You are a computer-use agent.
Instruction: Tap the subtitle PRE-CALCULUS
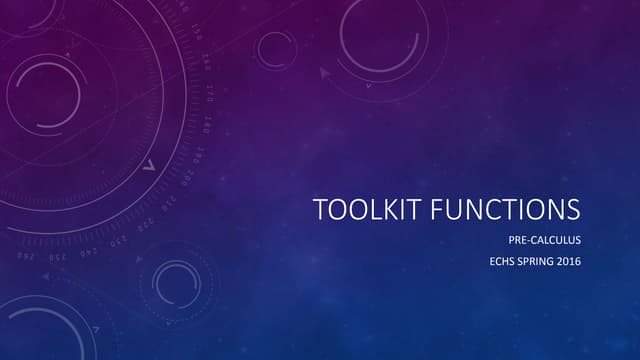click(x=545, y=240)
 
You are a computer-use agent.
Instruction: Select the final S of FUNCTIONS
click(x=572, y=210)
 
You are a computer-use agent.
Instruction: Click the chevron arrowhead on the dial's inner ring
click(x=148, y=165)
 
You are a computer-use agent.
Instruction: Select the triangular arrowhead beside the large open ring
click(x=324, y=72)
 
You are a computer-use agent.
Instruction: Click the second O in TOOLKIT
click(x=357, y=210)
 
